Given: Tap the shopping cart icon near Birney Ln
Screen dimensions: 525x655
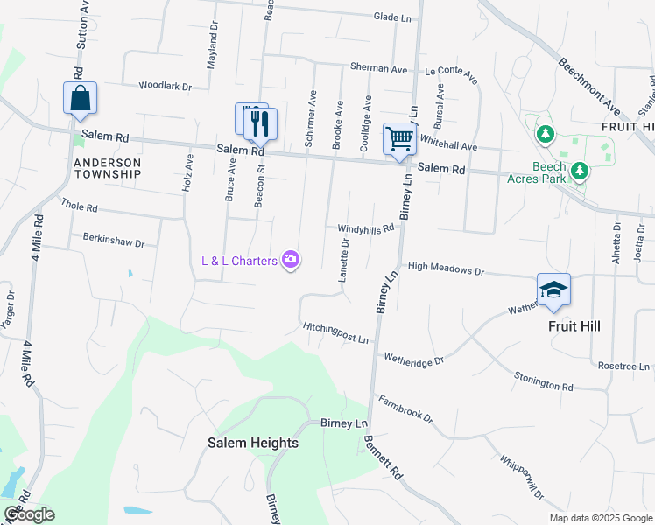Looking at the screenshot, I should coord(399,138).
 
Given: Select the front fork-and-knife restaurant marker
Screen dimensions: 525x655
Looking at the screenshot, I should coord(260,124).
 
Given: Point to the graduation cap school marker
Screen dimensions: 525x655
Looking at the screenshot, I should coord(553,290).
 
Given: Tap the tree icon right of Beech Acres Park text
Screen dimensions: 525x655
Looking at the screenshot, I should coord(579,171).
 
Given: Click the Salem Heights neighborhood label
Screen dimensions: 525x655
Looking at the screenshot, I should coord(252,443).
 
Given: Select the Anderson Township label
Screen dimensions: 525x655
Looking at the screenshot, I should coord(107,168).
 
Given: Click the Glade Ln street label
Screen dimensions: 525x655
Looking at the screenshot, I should coord(392,17).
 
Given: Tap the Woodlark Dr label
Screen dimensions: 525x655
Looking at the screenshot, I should coord(166,86).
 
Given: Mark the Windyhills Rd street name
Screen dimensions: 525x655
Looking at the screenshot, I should coord(366,227).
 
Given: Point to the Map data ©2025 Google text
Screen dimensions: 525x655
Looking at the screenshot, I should coord(600,518).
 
